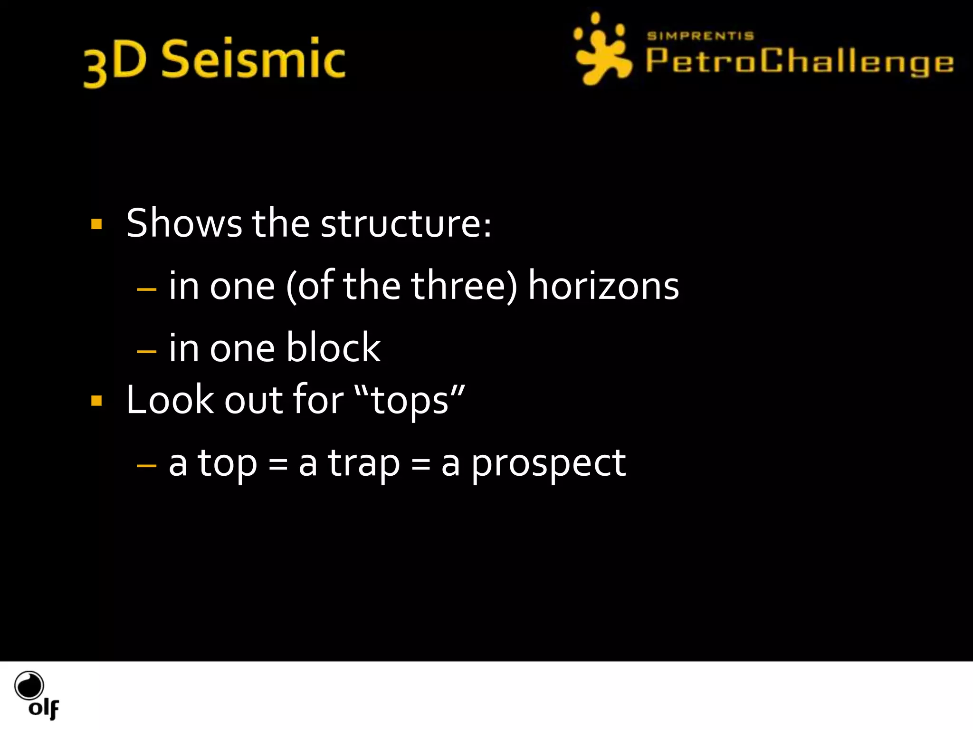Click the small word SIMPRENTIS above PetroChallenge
click(x=700, y=36)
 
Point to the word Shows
click(x=184, y=223)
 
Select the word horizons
click(x=603, y=286)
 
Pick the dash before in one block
click(x=146, y=351)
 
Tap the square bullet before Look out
click(x=96, y=401)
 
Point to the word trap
click(x=364, y=463)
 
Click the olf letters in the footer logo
click(x=44, y=709)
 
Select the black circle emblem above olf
click(x=29, y=685)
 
